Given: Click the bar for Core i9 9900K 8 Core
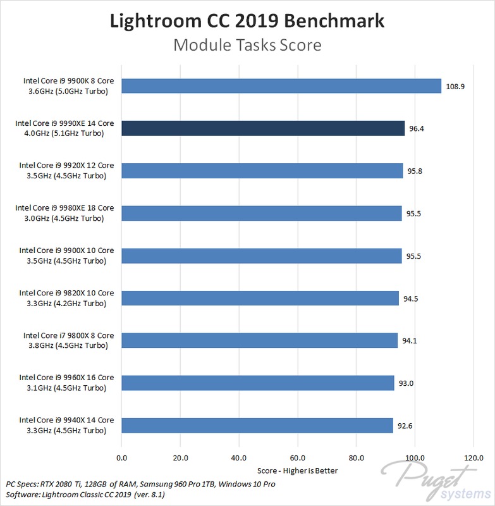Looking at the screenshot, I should (281, 86).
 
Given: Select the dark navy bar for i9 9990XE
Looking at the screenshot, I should (262, 128).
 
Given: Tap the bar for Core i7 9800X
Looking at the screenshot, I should (259, 340).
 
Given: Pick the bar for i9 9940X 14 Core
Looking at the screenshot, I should (257, 425).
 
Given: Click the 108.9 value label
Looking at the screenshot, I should (455, 86).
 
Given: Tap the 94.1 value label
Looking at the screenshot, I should (410, 340).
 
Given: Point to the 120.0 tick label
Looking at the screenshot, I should (474, 458).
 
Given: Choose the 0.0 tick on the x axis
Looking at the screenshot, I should (121, 458).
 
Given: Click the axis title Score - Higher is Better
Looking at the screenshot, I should (298, 471).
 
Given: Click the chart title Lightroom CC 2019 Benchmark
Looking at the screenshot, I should (247, 20).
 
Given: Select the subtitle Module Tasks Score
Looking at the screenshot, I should (247, 45).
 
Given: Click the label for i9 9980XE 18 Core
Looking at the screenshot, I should (64, 213).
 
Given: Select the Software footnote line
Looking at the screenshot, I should (85, 495).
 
